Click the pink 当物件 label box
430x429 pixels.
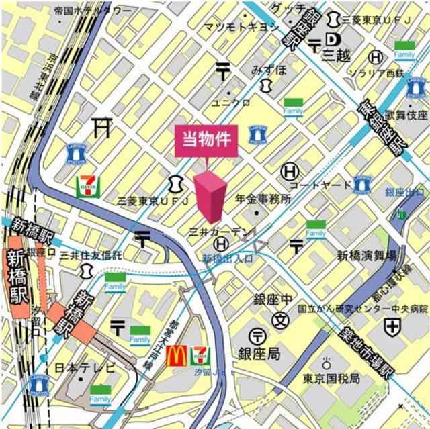click(x=206, y=141)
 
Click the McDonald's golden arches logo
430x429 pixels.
click(x=175, y=355)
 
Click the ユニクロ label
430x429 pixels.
click(x=230, y=103)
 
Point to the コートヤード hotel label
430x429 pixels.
click(x=320, y=185)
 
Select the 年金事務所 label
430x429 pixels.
click(x=262, y=200)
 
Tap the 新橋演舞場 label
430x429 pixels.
click(x=367, y=256)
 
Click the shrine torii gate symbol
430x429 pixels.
click(x=101, y=126)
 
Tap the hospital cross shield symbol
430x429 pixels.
click(x=392, y=328)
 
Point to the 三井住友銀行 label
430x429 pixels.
click(x=91, y=255)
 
